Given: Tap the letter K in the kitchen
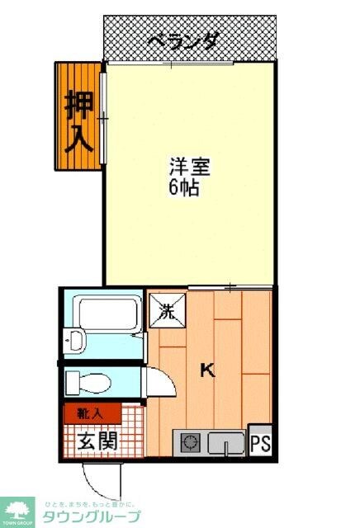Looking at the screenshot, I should [x=208, y=370].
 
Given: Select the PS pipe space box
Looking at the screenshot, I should [x=260, y=443].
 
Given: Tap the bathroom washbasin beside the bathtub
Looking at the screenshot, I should [x=74, y=340].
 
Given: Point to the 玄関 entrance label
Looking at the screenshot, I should [x=97, y=440].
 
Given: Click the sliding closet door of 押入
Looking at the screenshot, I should [x=102, y=120].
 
